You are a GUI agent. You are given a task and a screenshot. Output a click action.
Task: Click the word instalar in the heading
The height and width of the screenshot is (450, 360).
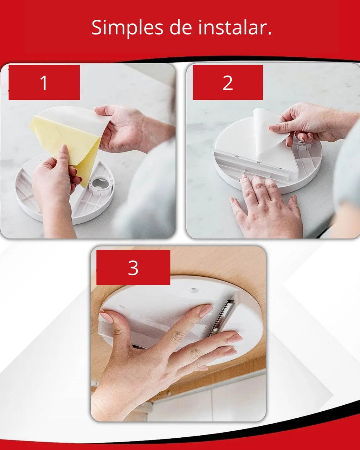click(x=232, y=27)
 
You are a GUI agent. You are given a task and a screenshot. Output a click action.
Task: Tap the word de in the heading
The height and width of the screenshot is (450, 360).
click(x=181, y=27)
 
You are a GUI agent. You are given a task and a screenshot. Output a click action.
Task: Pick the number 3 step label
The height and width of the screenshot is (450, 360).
click(x=133, y=268)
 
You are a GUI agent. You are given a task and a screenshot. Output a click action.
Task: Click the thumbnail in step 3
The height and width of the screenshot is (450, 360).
click(x=106, y=316)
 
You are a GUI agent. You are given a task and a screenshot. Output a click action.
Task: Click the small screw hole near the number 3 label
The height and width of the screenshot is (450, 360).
click(x=194, y=290)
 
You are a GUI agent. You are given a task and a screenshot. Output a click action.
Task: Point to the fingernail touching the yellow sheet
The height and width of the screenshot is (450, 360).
click(x=64, y=149)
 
